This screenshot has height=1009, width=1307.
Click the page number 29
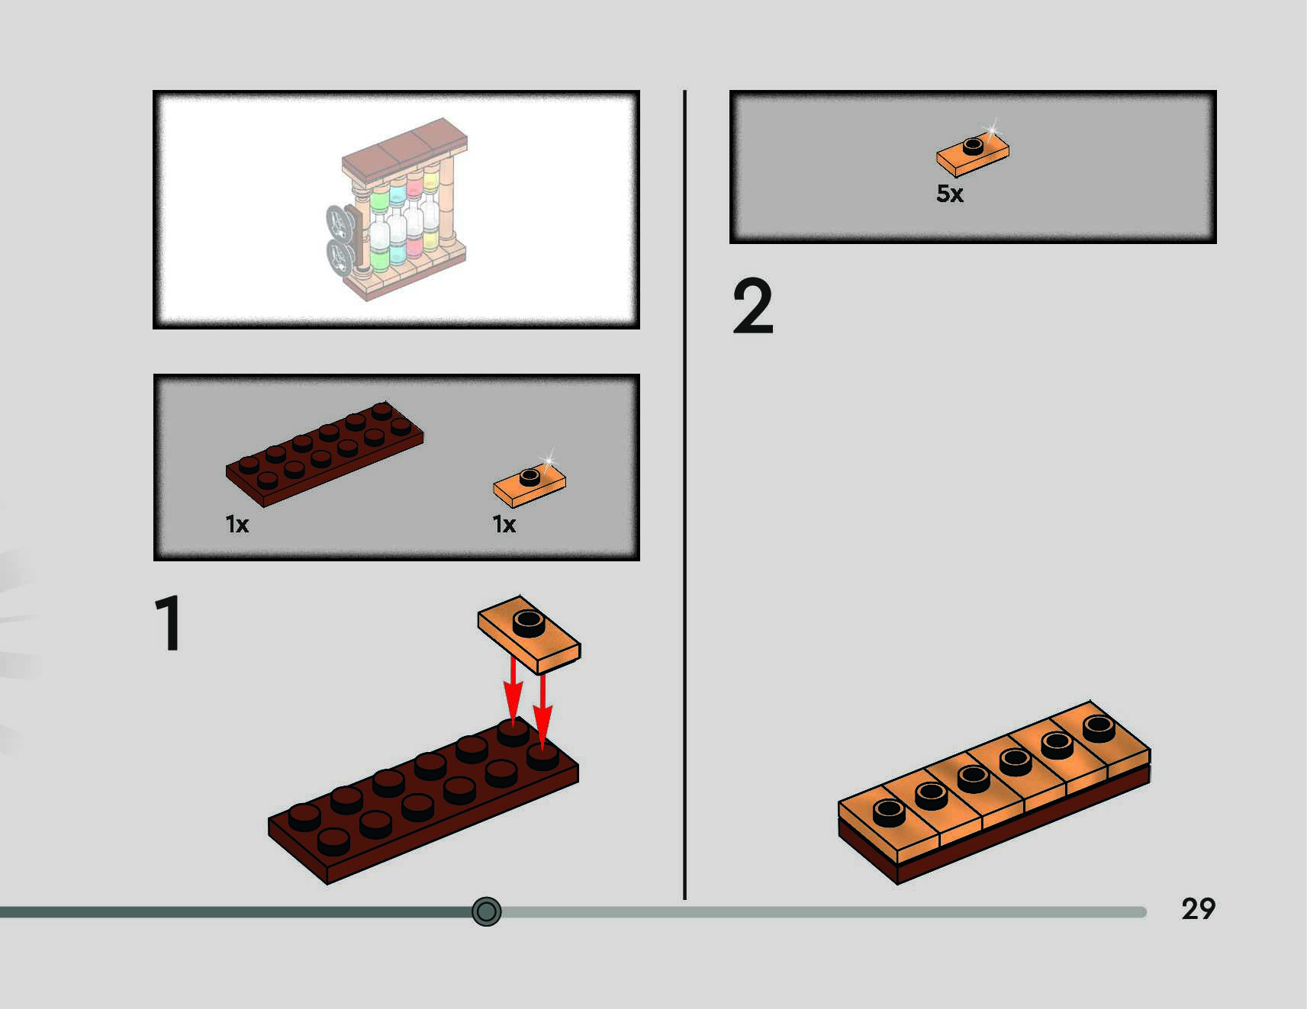(x=1198, y=908)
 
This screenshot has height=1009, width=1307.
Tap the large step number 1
(x=169, y=624)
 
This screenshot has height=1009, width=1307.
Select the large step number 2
(x=752, y=307)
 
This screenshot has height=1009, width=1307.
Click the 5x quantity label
(x=949, y=194)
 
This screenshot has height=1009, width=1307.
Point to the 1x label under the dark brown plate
(x=237, y=525)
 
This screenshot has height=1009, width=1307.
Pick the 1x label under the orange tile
(x=504, y=525)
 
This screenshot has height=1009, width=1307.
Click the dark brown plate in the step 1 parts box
(x=324, y=454)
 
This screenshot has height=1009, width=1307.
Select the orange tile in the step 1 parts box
(x=529, y=484)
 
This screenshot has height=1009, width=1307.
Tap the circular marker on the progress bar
(x=486, y=911)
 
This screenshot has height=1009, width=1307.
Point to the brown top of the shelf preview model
(x=404, y=149)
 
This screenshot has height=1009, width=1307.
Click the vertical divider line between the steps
(x=684, y=496)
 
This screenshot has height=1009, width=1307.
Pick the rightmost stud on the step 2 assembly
(x=1098, y=728)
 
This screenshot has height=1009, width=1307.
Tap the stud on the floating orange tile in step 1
(x=528, y=622)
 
